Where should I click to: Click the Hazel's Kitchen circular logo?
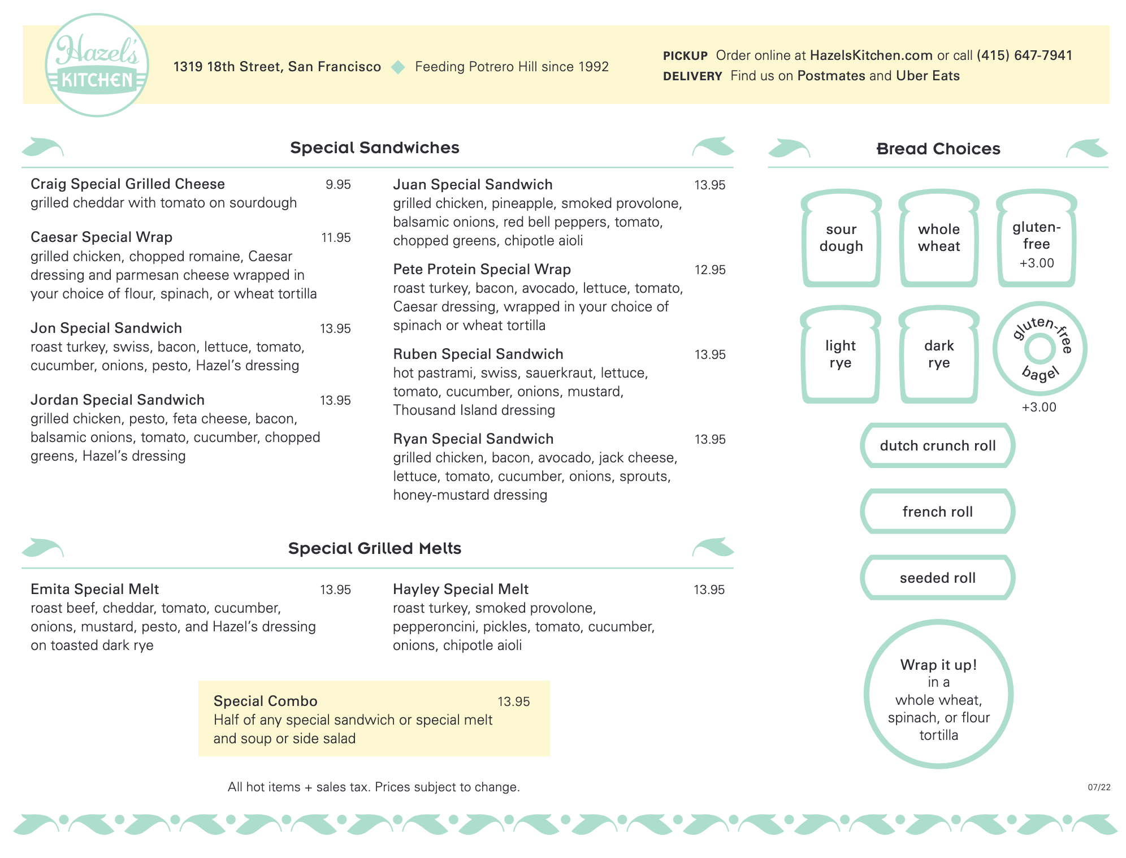(97, 65)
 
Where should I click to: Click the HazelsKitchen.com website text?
(871, 55)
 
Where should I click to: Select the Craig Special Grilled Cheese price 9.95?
(338, 185)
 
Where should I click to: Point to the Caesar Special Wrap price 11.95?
(336, 237)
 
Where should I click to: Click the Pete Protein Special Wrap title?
(482, 269)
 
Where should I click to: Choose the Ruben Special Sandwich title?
(478, 354)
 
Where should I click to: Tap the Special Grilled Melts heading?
(375, 548)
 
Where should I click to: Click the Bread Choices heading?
(938, 149)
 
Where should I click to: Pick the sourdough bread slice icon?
(841, 238)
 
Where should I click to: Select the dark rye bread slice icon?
(939, 354)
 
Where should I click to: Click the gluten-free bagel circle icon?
(1040, 349)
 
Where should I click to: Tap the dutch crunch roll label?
(938, 445)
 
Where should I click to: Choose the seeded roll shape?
(938, 578)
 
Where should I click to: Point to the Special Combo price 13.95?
(513, 701)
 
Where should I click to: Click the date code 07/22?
(1099, 787)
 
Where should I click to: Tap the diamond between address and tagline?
(399, 67)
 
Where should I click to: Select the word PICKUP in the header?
(685, 56)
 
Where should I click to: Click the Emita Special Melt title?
(95, 589)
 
